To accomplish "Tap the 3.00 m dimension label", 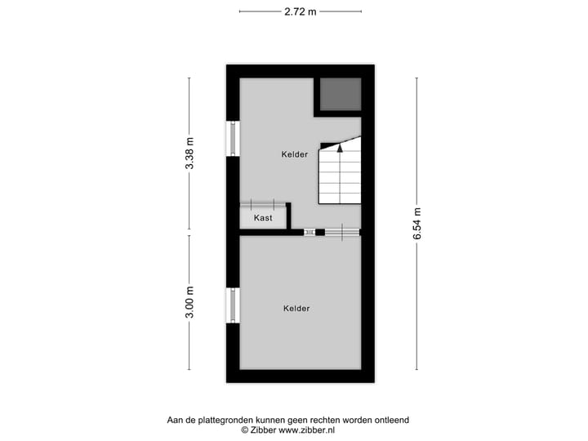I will point(189,302).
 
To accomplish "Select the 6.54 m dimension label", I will point(416,222).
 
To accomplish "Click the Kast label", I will point(263,218).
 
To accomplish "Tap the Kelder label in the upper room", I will point(295,154).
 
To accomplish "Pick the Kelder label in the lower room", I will point(296,308).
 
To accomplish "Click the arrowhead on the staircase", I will point(340,148).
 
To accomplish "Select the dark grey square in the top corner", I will point(340,95).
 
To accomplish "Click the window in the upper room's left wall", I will point(234,139).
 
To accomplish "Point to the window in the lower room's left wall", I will point(234,305).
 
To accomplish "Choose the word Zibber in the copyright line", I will point(263,430).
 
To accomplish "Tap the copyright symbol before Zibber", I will point(244,430).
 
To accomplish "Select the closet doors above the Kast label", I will point(263,204).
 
